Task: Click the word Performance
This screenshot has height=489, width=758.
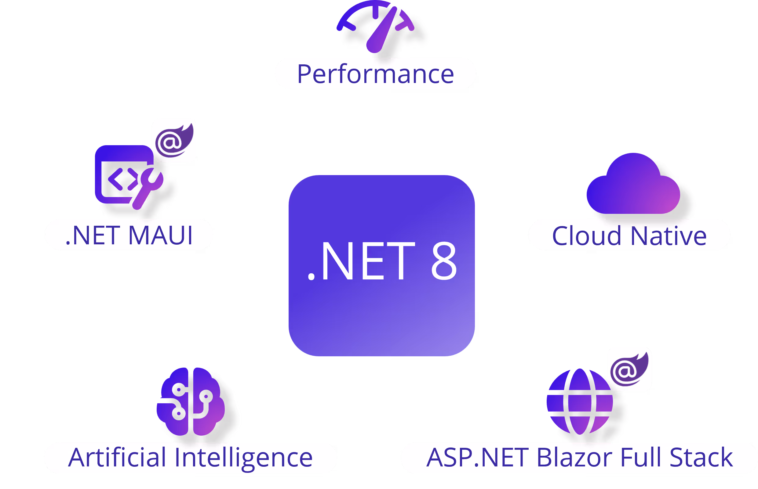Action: [375, 74]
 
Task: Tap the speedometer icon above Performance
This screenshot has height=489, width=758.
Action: [378, 27]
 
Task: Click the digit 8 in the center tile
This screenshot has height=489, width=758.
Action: [444, 261]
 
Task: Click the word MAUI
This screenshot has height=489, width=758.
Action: [161, 235]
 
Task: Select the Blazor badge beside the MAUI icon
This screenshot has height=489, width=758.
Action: [174, 140]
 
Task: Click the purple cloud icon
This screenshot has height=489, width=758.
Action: [633, 186]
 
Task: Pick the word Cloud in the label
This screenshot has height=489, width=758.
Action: [586, 236]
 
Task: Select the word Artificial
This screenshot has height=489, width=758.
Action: [117, 458]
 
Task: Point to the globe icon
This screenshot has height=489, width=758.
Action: [580, 402]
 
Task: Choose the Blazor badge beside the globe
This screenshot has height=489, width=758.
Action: [629, 369]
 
